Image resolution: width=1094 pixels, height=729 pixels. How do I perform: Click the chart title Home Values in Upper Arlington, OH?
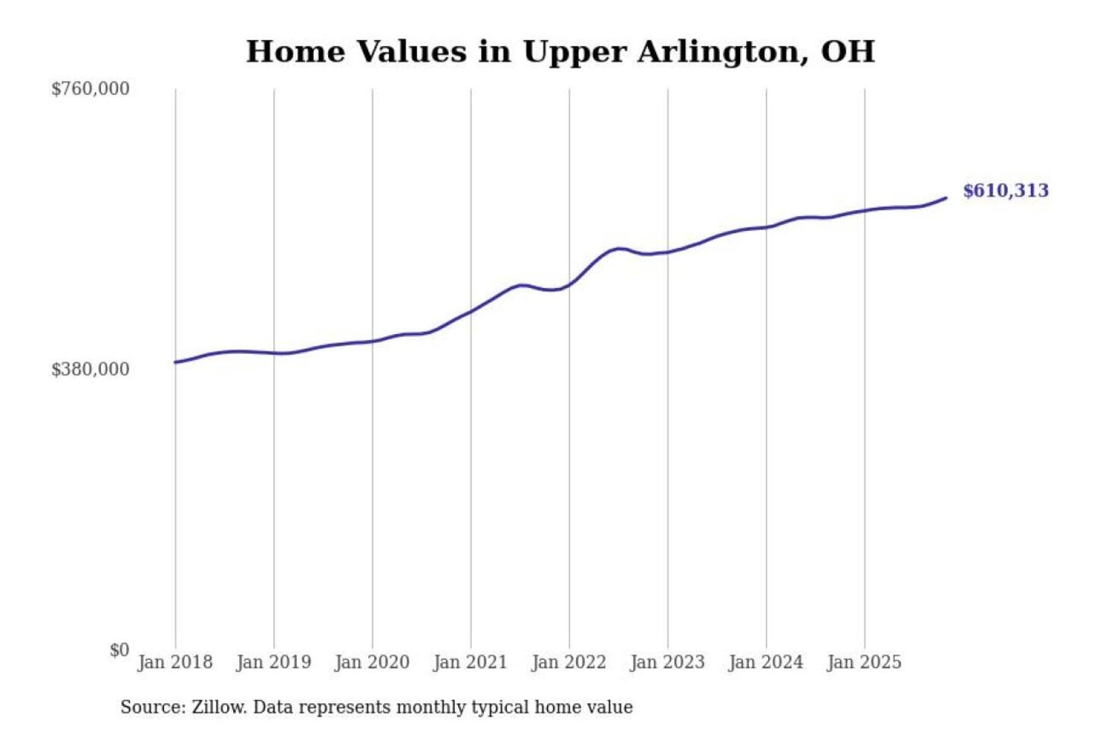(560, 52)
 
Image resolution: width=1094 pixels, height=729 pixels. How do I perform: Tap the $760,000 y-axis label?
(90, 89)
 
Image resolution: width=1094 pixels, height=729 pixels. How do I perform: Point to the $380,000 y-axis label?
(90, 370)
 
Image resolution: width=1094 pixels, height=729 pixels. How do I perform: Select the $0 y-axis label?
(119, 650)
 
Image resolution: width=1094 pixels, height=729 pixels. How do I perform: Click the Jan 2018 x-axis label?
(175, 662)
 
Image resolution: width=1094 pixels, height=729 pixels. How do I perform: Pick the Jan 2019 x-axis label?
(273, 662)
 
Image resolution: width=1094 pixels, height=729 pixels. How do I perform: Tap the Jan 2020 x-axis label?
(372, 662)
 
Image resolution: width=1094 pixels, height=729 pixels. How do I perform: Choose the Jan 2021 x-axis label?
(470, 662)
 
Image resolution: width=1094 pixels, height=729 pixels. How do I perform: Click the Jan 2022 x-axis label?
(569, 662)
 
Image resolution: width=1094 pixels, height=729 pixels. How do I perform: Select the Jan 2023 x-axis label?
(667, 662)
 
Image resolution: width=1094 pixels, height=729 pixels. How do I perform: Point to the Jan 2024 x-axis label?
(765, 662)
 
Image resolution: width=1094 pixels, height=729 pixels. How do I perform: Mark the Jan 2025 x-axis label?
(864, 662)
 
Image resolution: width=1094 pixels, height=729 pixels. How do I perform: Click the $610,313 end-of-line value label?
(1005, 191)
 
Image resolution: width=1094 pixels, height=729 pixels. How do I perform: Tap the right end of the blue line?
(946, 198)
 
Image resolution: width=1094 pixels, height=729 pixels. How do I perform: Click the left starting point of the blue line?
(175, 362)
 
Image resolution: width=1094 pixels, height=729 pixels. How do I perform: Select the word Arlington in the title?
(722, 52)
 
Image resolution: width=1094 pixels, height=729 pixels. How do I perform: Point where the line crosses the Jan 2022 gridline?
(569, 285)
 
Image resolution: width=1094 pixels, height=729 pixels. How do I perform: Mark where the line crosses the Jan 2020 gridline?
(372, 342)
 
